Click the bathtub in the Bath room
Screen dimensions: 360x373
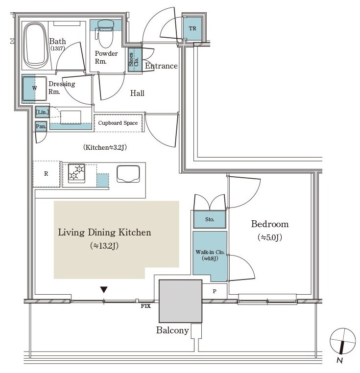click(x=36, y=45)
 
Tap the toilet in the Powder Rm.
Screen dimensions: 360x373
click(x=105, y=34)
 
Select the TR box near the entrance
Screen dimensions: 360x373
click(x=192, y=28)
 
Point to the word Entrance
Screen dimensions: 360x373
click(x=161, y=66)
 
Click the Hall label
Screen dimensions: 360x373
click(x=137, y=93)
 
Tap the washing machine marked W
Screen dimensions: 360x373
click(x=34, y=89)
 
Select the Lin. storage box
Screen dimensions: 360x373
click(x=42, y=112)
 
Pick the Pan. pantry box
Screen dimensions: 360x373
click(x=41, y=126)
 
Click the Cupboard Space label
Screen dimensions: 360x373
click(x=118, y=123)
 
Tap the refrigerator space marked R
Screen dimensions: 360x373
click(x=46, y=174)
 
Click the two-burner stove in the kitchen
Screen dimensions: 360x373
click(x=76, y=173)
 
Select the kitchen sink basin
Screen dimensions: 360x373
click(x=128, y=174)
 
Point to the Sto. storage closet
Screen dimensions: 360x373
click(x=210, y=219)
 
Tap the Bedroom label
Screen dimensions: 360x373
click(x=270, y=224)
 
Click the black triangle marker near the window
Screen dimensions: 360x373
click(x=104, y=290)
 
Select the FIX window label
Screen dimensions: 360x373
click(x=146, y=306)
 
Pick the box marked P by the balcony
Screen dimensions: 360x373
click(x=215, y=291)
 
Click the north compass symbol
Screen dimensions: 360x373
click(x=342, y=341)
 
